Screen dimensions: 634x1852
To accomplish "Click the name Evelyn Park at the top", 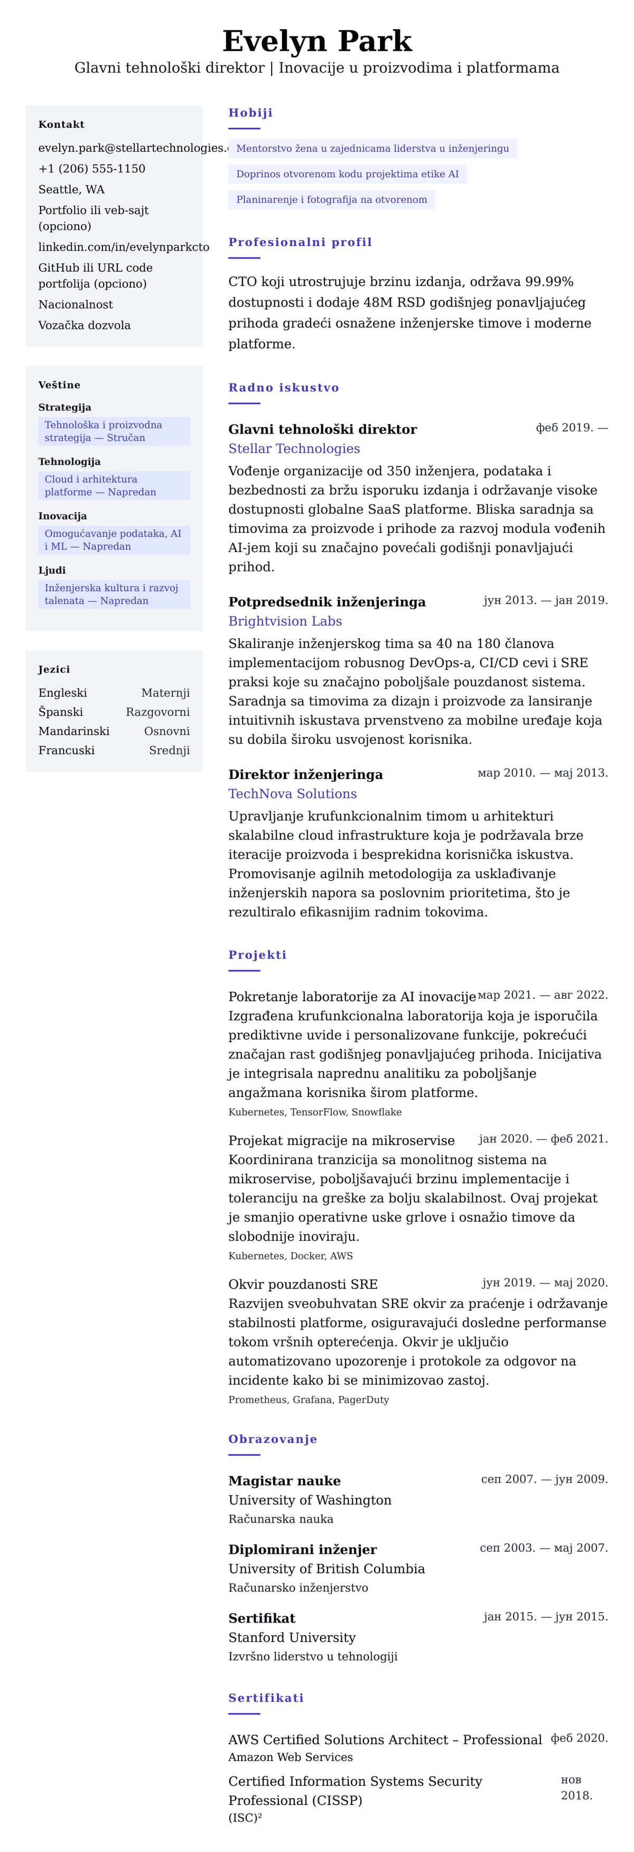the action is pyautogui.click(x=317, y=41).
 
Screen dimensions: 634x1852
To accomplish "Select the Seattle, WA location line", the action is pyautogui.click(x=71, y=189).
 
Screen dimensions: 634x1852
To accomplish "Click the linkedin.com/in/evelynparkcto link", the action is pyautogui.click(x=124, y=246).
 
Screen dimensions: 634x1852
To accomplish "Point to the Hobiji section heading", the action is pyautogui.click(x=250, y=112).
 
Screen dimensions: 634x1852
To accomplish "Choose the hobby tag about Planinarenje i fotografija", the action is pyautogui.click(x=331, y=199).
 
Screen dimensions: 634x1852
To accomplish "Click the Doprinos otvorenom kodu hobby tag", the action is pyautogui.click(x=347, y=174).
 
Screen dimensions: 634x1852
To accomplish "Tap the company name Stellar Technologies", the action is pyautogui.click(x=294, y=449).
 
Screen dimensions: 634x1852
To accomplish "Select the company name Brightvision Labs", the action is pyautogui.click(x=285, y=621).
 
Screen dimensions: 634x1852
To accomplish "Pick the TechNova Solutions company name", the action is pyautogui.click(x=293, y=794).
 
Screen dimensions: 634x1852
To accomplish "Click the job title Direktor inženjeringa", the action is pyautogui.click(x=305, y=775).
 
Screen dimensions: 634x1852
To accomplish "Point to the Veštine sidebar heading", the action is pyautogui.click(x=59, y=385).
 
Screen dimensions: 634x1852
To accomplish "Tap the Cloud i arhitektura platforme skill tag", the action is pyautogui.click(x=114, y=485).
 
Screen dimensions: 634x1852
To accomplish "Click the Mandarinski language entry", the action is pyautogui.click(x=74, y=731).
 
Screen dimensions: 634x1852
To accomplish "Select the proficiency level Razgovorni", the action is pyautogui.click(x=157, y=712).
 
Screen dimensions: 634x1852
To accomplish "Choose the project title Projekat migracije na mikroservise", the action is pyautogui.click(x=341, y=1140).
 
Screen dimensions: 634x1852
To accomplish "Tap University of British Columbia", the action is pyautogui.click(x=327, y=1569).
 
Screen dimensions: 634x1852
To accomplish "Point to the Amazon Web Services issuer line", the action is pyautogui.click(x=291, y=1757).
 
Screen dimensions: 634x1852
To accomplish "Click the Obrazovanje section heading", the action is pyautogui.click(x=273, y=1439).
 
